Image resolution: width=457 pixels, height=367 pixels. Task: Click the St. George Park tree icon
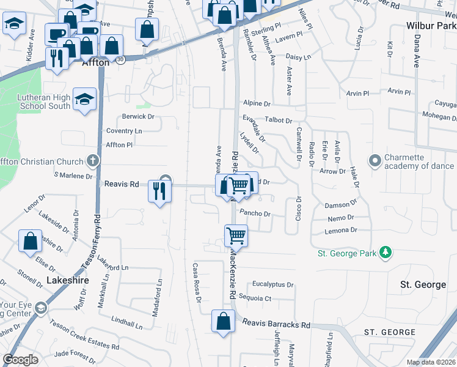(386, 253)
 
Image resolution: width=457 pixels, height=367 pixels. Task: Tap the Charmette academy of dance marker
(375, 161)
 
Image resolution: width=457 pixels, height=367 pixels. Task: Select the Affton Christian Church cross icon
(92, 161)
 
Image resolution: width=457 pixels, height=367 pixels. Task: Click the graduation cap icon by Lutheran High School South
(84, 100)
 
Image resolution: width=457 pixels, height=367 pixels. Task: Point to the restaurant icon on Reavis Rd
(159, 191)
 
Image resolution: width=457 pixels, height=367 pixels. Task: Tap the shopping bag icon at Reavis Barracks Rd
(224, 321)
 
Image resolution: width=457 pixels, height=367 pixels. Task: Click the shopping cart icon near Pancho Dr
(236, 235)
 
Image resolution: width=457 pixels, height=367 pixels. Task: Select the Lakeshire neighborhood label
(68, 280)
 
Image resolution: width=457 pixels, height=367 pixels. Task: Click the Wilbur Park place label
(431, 26)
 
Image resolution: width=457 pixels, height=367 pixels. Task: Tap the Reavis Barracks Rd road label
(276, 325)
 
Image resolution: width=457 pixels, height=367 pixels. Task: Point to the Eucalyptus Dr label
(273, 284)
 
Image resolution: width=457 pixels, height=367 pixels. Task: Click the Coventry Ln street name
(123, 131)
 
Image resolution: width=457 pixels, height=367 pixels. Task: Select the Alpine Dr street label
(256, 103)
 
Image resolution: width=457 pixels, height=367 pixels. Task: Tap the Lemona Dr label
(341, 230)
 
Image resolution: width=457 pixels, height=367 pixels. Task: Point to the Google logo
(20, 360)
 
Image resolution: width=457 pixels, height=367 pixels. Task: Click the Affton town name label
(95, 62)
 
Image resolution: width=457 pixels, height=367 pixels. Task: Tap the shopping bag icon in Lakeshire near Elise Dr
(30, 241)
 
